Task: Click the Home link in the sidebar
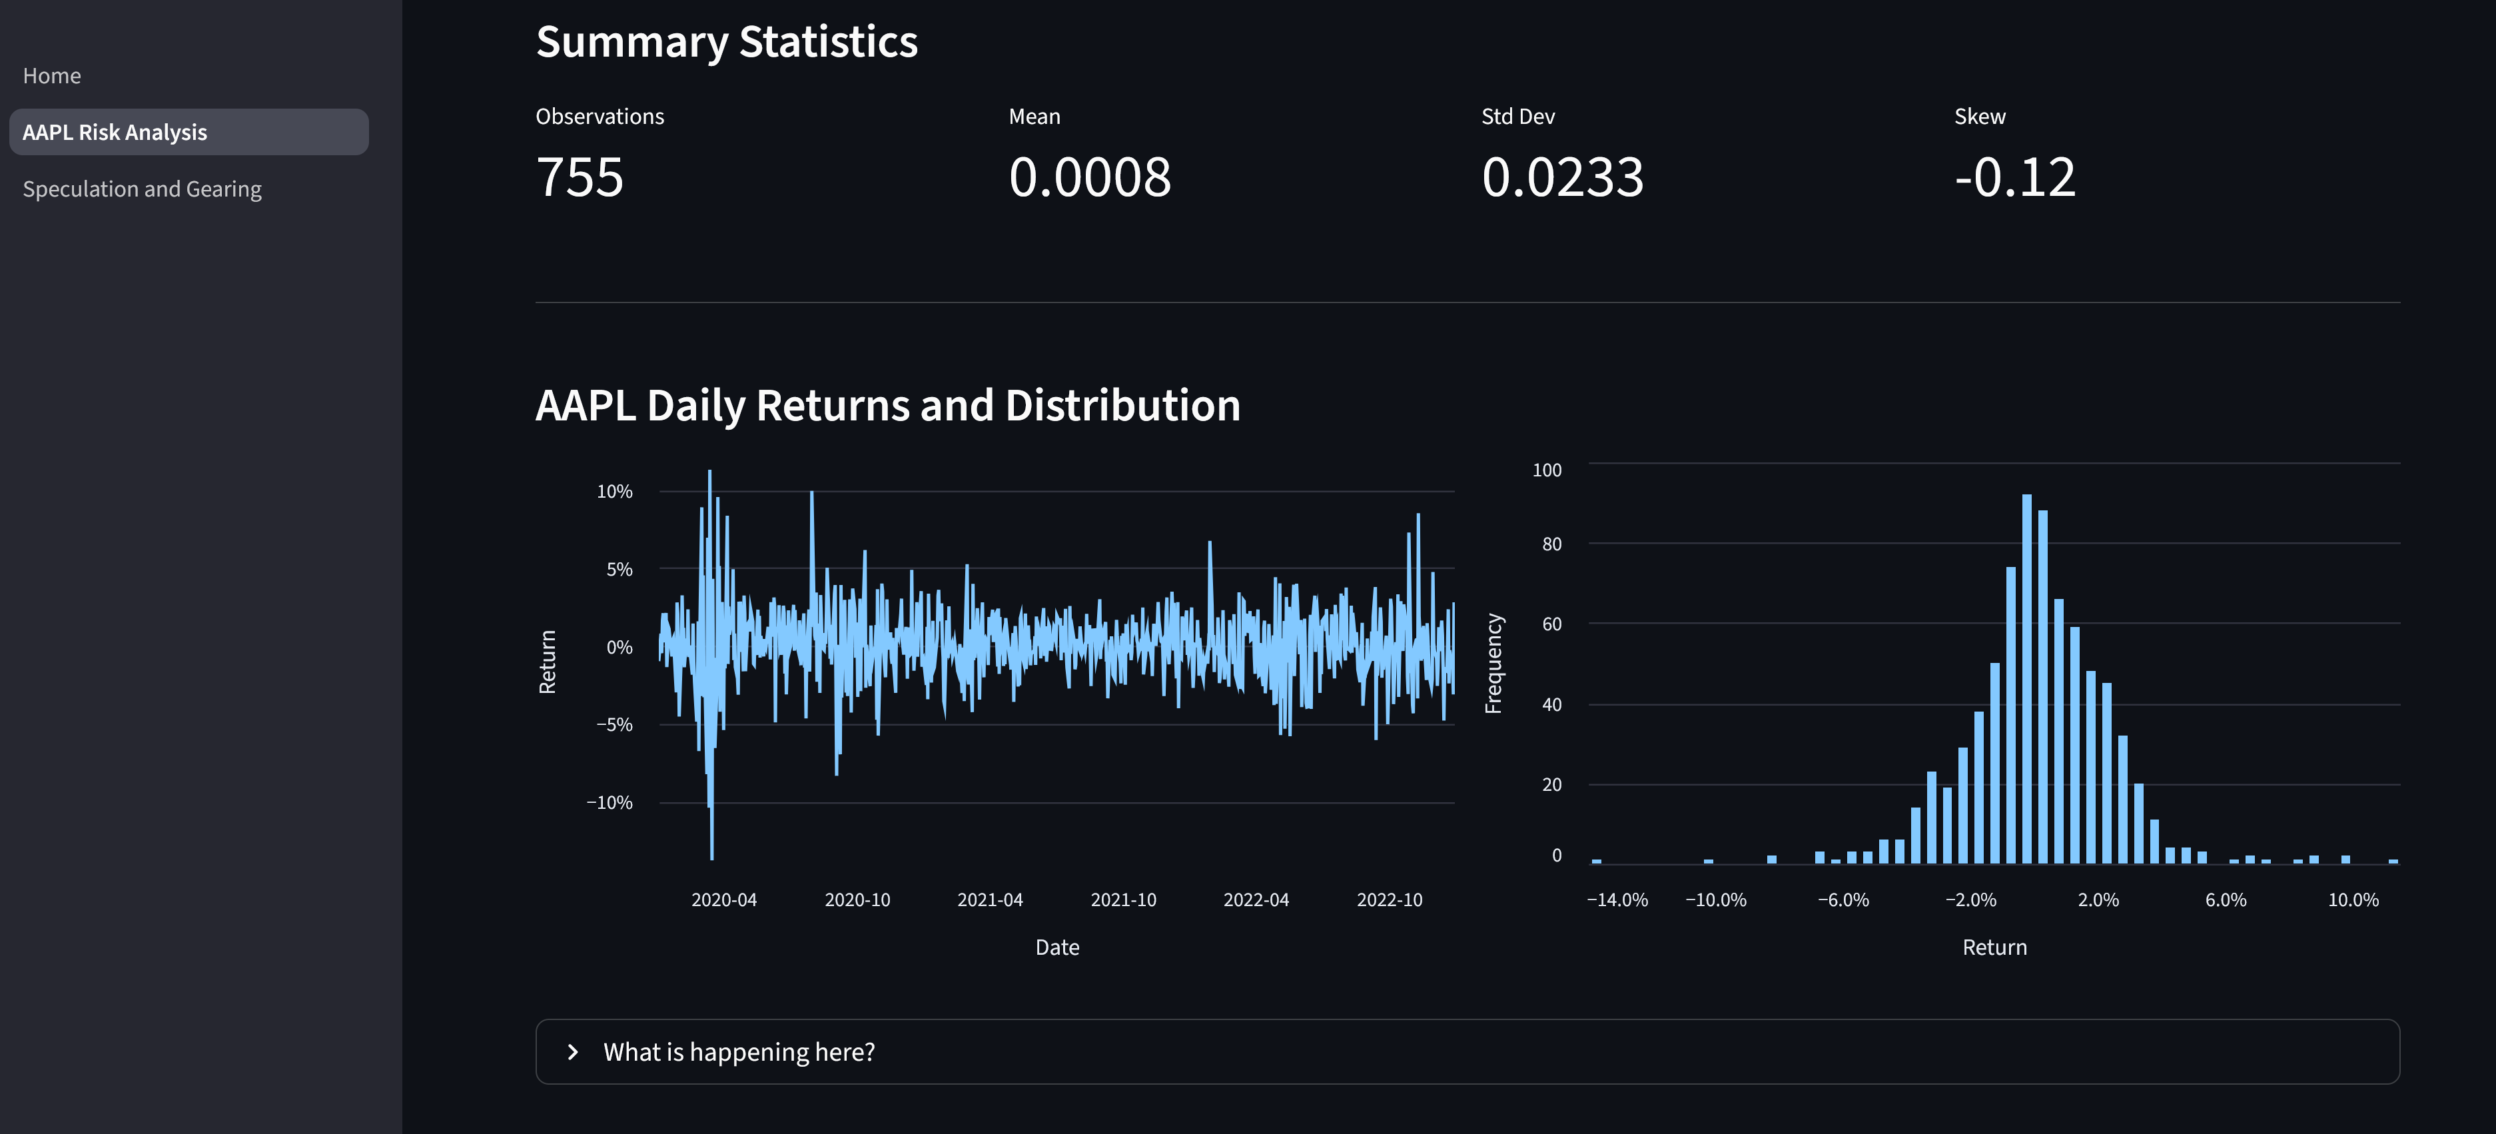pyautogui.click(x=53, y=75)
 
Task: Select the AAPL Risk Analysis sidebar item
pyautogui.click(x=115, y=132)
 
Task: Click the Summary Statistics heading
pyautogui.click(x=727, y=42)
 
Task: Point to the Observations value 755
pyautogui.click(x=580, y=177)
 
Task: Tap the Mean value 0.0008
pyautogui.click(x=1090, y=177)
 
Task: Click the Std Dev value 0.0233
pyautogui.click(x=1562, y=177)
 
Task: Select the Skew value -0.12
pyautogui.click(x=2014, y=177)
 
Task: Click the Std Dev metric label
pyautogui.click(x=1517, y=117)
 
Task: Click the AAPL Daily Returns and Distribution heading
pyautogui.click(x=887, y=405)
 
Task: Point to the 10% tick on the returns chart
pyautogui.click(x=614, y=492)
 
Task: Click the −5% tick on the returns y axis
pyautogui.click(x=614, y=725)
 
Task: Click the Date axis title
pyautogui.click(x=1057, y=947)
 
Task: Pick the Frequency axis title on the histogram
pyautogui.click(x=1493, y=663)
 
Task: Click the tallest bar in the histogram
pyautogui.click(x=2026, y=678)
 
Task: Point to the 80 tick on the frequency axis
pyautogui.click(x=1552, y=544)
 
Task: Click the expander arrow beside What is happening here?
pyautogui.click(x=573, y=1051)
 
